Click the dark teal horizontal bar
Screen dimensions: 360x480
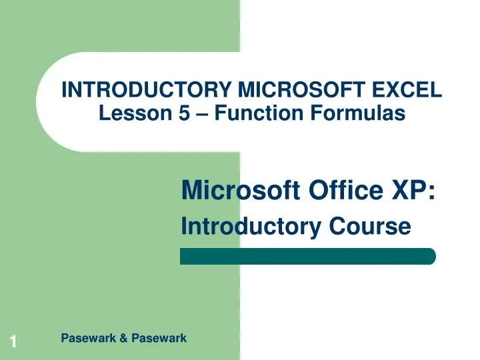coord(307,257)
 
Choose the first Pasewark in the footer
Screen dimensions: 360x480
coord(87,339)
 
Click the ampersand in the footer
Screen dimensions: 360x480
coord(123,339)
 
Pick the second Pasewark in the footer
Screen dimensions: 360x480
coord(159,339)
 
